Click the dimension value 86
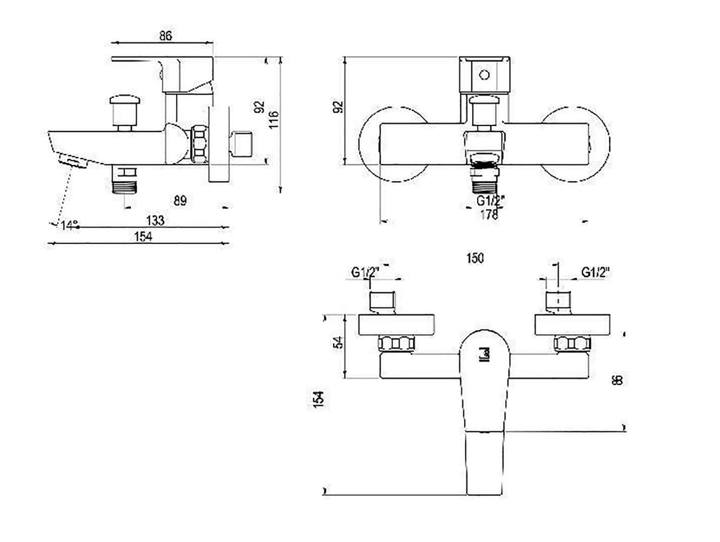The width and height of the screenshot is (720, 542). coord(165,36)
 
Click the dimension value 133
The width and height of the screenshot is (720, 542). coord(155,220)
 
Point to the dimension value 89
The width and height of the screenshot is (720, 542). coord(180,200)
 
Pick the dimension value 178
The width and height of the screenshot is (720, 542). coord(489,215)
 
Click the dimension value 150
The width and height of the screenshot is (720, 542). coord(475,258)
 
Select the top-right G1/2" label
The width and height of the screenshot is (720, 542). coord(595,272)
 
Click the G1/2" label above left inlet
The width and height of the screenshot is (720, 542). coord(365,272)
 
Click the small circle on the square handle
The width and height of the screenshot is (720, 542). coord(484,75)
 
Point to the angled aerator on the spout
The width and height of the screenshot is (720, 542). coord(73,162)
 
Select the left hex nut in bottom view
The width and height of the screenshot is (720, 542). coord(396,343)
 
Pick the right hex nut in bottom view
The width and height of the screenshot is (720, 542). coord(572,343)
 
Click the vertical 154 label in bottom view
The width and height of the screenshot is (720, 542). coord(318,399)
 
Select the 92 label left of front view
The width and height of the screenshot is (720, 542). coord(338,107)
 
